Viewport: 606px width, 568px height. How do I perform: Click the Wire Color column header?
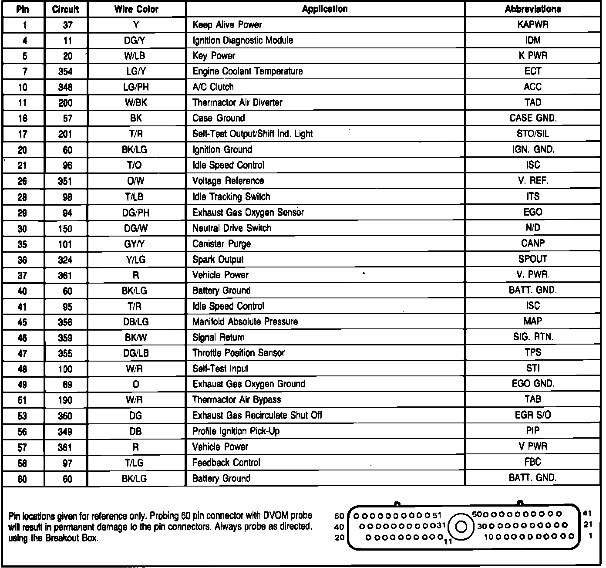137,9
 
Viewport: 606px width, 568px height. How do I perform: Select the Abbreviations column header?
533,9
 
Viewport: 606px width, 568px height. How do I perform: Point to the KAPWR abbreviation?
533,25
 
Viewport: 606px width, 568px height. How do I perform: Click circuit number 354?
65,72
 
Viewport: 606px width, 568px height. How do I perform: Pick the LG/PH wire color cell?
136,87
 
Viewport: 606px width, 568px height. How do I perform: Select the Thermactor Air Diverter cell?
237,103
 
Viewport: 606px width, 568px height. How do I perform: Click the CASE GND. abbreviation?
533,118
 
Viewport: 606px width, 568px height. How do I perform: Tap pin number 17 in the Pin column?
23,134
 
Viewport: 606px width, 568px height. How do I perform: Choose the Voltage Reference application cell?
228,181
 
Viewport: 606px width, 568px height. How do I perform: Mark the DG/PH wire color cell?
136,213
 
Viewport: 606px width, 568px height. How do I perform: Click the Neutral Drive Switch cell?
232,228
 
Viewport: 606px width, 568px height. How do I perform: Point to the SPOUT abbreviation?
533,259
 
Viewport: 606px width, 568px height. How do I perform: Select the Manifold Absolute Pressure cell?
245,322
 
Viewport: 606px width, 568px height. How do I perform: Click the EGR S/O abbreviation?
533,415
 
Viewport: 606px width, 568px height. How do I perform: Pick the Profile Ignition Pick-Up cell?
236,431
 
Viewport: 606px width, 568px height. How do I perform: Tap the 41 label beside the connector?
588,514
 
